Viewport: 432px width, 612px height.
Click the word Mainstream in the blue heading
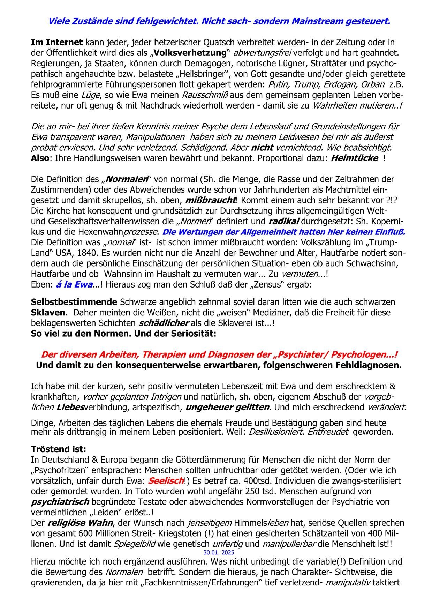[x=316, y=21]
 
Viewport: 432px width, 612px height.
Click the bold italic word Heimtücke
[x=354, y=158]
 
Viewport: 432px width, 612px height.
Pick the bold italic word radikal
[x=284, y=221]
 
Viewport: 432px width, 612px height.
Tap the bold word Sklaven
[x=48, y=312]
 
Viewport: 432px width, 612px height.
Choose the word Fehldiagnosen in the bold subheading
[x=368, y=365]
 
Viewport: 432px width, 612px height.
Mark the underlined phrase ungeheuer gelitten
[x=227, y=407]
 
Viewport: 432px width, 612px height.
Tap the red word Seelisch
[x=166, y=480]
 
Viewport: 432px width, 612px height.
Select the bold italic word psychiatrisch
[x=60, y=502]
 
